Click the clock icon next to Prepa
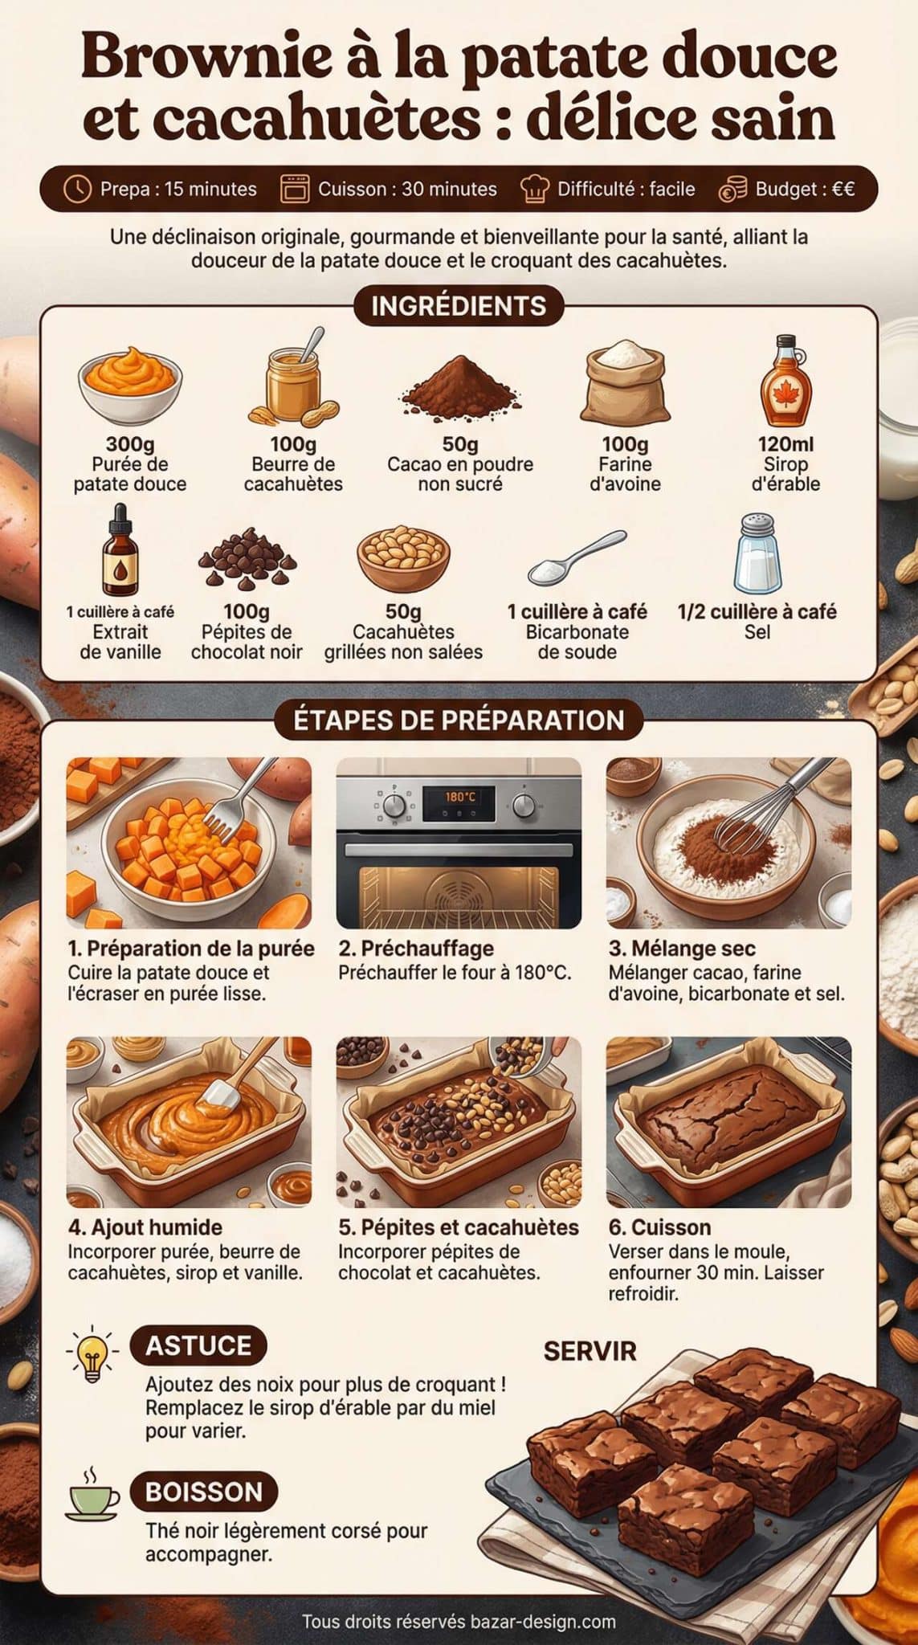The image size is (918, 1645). [x=76, y=189]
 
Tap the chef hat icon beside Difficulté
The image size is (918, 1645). [x=535, y=189]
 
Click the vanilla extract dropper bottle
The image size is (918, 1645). [x=120, y=551]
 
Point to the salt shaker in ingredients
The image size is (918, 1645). [x=757, y=553]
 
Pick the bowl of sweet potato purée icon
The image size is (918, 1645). [x=130, y=386]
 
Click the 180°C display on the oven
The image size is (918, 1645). [x=460, y=796]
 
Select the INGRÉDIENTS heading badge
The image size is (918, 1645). [x=459, y=306]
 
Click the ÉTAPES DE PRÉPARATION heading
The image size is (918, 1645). [x=459, y=720]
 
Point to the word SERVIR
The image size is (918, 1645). [x=590, y=1351]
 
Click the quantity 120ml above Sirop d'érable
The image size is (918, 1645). [x=785, y=443]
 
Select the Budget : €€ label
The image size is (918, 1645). [x=804, y=189]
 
